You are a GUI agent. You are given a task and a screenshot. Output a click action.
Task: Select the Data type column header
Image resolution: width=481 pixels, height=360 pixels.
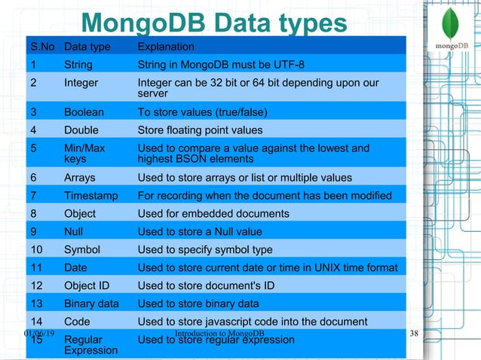[x=87, y=47]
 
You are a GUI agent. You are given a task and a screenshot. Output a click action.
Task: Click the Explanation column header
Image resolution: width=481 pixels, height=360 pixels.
[x=165, y=47]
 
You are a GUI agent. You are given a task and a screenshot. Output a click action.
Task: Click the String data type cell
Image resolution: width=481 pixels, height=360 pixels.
[x=78, y=65]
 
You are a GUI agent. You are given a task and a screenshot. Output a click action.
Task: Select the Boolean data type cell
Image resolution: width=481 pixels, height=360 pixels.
[x=84, y=112]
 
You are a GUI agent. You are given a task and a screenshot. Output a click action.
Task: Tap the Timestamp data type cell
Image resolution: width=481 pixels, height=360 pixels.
[x=90, y=196]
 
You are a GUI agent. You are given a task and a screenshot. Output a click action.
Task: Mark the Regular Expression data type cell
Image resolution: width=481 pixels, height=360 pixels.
[x=90, y=345]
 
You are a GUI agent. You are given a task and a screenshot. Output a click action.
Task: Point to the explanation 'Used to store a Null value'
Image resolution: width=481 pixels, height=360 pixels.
[x=199, y=232]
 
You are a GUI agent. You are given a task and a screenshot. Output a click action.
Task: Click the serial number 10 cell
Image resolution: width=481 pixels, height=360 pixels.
[x=36, y=249]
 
